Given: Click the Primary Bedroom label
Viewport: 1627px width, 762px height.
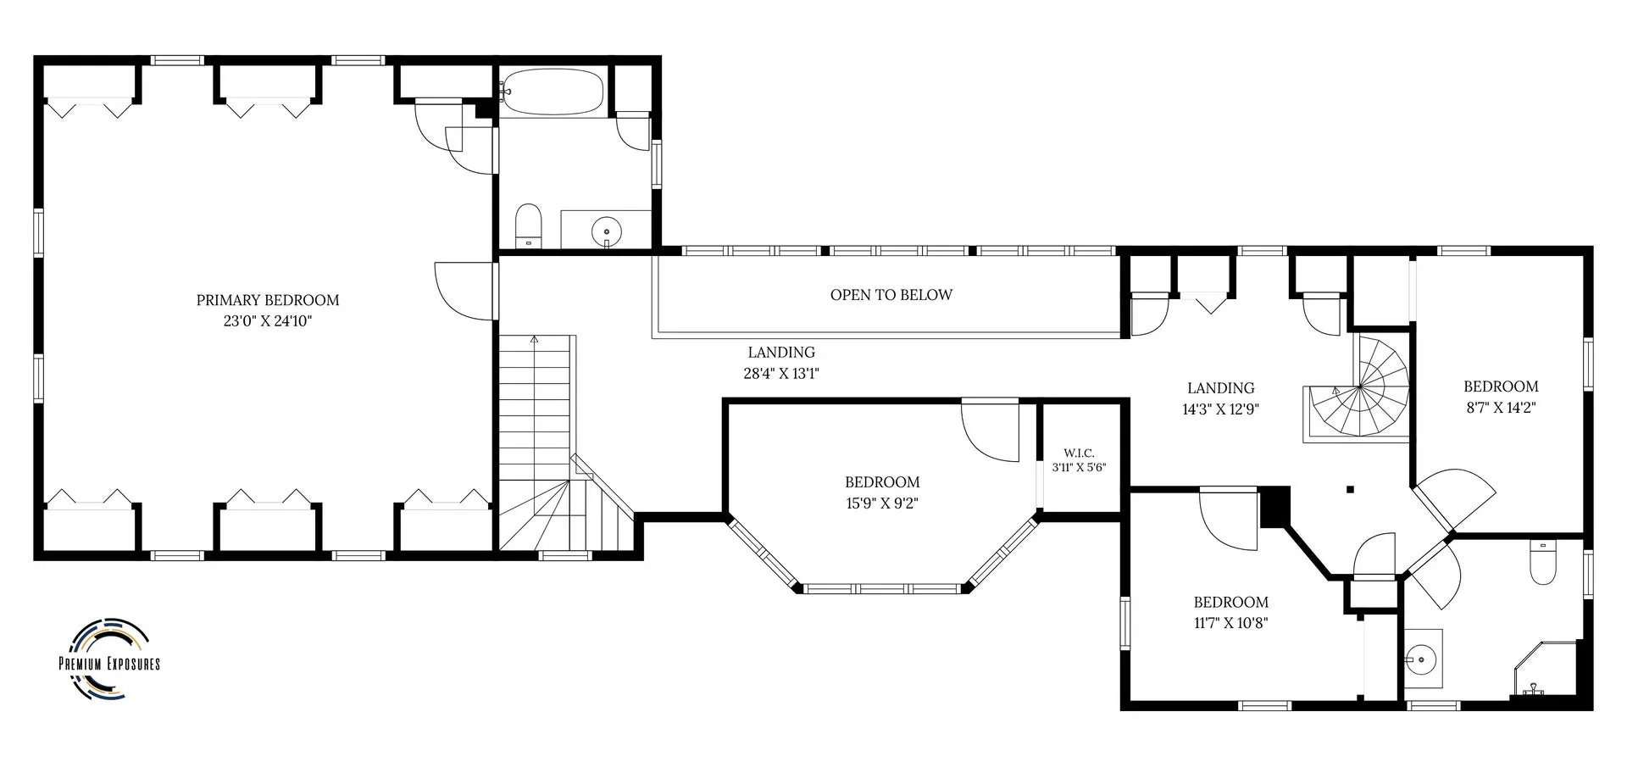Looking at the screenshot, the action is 268,300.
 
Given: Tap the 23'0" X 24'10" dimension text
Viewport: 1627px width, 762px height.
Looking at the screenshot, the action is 268,321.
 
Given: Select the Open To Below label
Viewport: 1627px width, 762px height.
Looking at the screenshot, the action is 891,295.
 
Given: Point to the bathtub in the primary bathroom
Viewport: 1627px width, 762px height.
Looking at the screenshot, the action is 553,92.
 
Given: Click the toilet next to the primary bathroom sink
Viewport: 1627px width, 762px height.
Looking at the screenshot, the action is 529,225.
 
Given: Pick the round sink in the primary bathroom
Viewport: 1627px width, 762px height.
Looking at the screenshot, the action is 607,230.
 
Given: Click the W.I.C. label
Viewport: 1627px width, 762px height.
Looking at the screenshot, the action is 1079,453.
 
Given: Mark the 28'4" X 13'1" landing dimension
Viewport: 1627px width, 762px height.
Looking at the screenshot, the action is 781,373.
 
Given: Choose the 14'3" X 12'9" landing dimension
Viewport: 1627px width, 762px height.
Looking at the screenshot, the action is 1221,409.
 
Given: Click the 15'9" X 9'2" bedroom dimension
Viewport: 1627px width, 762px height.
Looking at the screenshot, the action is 882,503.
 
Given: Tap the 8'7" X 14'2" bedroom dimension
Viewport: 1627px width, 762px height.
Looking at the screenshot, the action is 1501,407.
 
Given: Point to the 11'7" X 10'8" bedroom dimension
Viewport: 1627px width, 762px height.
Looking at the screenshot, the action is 1231,623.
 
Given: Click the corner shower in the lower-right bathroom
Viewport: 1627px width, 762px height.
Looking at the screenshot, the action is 1546,669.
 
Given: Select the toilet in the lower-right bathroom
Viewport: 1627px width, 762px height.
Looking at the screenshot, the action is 1543,563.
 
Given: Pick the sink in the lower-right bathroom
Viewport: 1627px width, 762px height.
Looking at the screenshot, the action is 1420,658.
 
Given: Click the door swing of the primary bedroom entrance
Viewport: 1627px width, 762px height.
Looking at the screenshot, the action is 463,290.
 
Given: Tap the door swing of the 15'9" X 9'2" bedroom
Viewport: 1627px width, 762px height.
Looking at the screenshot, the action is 990,431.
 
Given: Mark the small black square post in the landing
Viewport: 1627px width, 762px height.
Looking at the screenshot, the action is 1351,489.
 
